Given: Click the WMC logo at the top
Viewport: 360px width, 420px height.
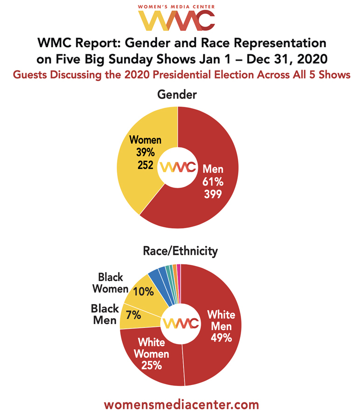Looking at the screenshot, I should [180, 20].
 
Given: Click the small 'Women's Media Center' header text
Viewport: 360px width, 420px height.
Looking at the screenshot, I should [180, 6].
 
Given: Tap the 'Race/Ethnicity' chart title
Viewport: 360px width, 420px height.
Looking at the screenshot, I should [180, 252].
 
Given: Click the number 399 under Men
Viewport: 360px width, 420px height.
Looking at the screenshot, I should [212, 195].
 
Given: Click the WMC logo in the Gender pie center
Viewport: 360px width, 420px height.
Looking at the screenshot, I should [177, 167].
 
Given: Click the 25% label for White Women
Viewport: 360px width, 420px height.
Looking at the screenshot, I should [151, 365].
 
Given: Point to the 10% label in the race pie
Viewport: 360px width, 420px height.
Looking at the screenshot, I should [143, 291].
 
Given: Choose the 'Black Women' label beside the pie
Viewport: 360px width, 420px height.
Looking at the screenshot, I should [110, 283].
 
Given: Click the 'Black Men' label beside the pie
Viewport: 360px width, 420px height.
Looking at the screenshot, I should [104, 315].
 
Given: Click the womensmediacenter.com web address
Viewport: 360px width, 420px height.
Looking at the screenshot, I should [181, 404].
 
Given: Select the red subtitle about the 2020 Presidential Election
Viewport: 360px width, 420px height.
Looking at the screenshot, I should [180, 75].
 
